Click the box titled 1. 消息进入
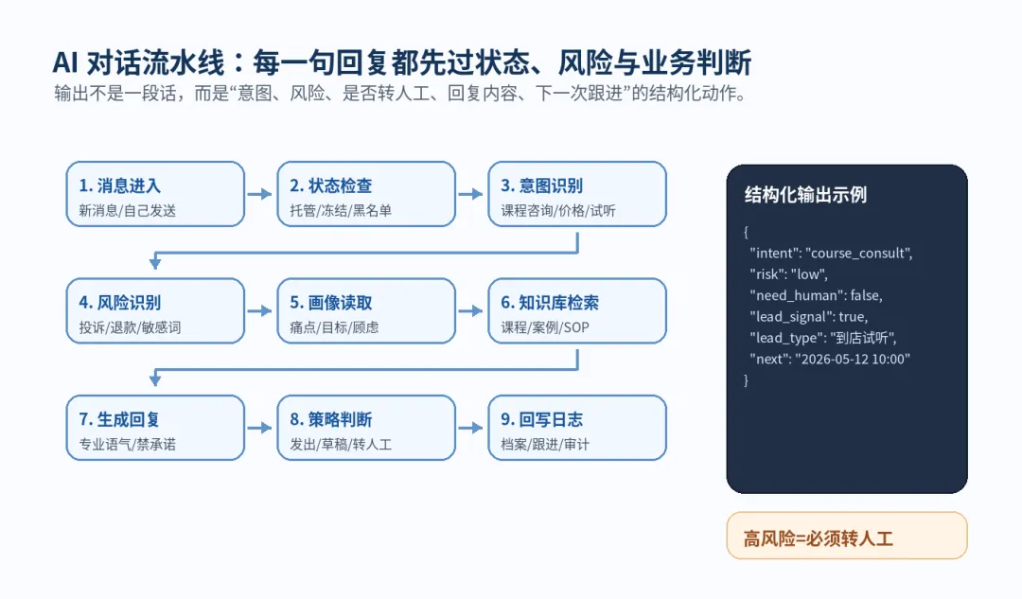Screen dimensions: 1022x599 155,194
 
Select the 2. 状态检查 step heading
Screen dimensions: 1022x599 330,185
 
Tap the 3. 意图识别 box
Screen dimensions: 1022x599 577,194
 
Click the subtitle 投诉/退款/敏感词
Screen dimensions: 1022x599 130,327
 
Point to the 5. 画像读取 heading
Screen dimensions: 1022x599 330,303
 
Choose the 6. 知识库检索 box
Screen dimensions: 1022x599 577,311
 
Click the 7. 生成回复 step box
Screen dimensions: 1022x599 155,428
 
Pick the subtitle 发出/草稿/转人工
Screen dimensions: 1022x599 341,445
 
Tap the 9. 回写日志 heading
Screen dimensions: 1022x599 541,419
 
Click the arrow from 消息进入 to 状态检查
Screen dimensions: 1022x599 259,194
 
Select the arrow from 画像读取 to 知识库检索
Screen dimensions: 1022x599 470,311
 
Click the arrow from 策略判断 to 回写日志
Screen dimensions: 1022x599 470,428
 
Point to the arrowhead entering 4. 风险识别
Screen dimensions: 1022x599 155,263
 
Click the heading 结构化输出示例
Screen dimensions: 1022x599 805,195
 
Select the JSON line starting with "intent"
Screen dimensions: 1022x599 831,253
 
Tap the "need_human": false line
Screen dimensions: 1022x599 816,295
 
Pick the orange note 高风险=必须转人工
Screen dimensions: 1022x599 847,536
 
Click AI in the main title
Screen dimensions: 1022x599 66,63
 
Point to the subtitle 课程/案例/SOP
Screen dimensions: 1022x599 545,327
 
